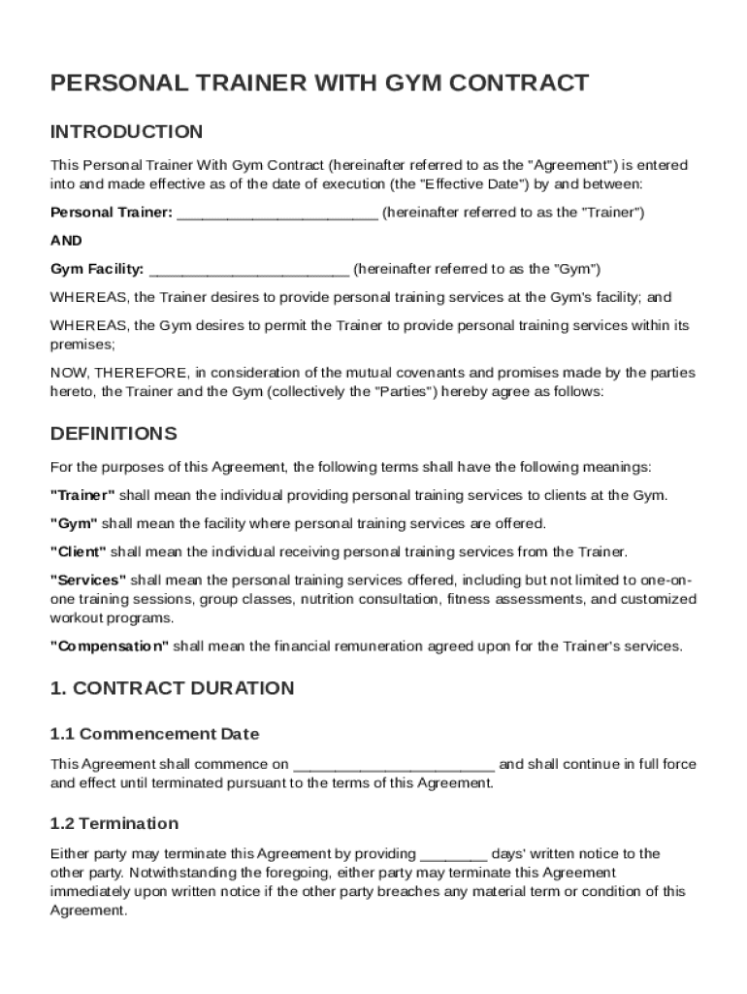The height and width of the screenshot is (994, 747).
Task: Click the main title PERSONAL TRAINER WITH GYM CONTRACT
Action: [x=319, y=83]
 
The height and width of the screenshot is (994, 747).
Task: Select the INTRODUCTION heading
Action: [x=126, y=132]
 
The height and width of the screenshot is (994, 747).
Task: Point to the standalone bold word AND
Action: [x=66, y=241]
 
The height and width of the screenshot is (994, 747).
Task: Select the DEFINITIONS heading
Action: [x=114, y=433]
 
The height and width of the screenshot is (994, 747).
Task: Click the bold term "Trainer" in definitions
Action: [x=82, y=495]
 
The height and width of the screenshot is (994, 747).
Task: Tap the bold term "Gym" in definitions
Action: [x=74, y=523]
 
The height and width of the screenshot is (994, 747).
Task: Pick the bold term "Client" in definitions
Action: [x=79, y=552]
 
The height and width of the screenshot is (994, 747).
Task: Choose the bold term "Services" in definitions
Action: [x=87, y=580]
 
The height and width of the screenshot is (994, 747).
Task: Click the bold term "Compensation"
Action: [x=110, y=646]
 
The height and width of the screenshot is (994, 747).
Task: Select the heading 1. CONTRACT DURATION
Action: [x=172, y=688]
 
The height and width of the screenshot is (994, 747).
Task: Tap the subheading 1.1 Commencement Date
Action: [x=154, y=734]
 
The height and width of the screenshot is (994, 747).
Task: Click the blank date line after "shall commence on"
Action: [x=393, y=764]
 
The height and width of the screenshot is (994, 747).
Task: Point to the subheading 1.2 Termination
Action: [x=114, y=823]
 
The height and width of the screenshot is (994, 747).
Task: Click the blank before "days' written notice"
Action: [x=454, y=854]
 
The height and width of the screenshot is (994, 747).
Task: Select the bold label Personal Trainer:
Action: [x=112, y=212]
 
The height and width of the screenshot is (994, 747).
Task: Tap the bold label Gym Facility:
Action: [x=97, y=269]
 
